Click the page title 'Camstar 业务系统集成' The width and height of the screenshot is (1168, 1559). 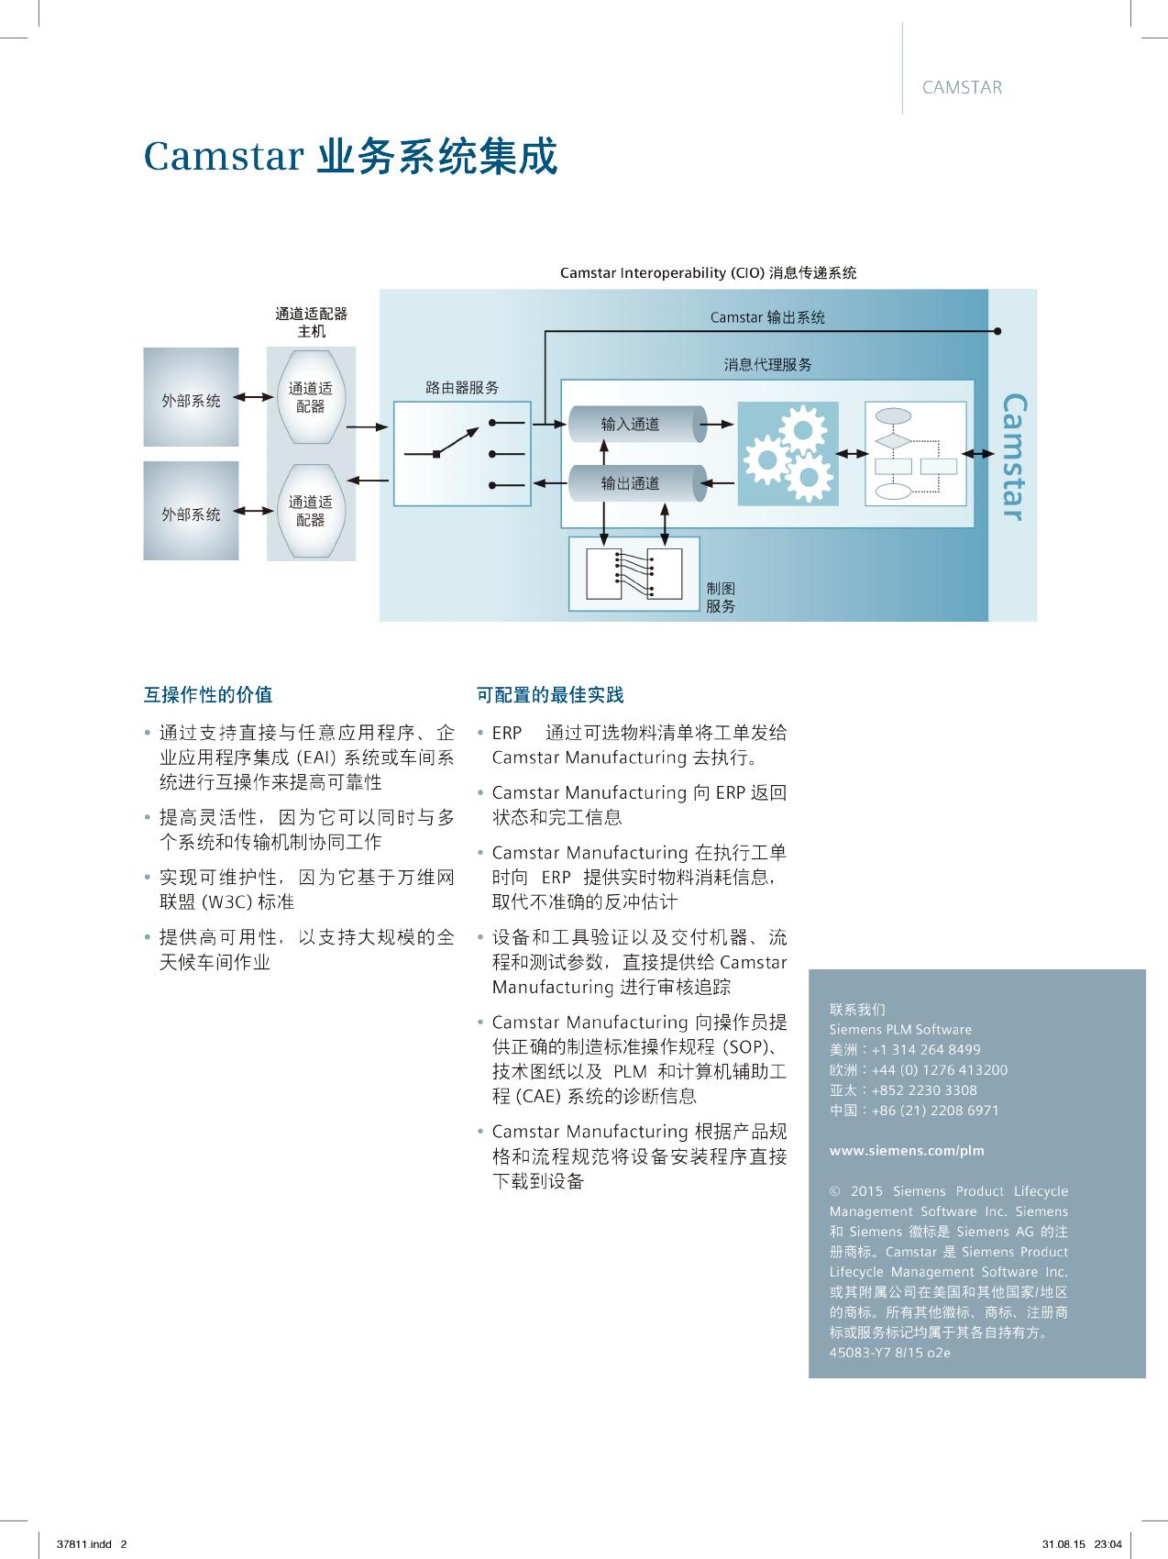[350, 157]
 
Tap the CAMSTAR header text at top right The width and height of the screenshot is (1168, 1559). [962, 88]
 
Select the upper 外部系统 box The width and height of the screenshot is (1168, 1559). [191, 398]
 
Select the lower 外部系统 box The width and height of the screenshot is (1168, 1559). [191, 512]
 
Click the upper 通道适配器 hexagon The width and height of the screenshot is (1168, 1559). [311, 397]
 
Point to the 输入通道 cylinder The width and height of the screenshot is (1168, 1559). [632, 424]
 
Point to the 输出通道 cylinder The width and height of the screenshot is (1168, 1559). [632, 483]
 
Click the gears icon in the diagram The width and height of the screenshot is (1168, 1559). [788, 454]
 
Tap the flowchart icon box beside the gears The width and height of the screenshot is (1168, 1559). [915, 454]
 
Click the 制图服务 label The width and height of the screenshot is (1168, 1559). [721, 597]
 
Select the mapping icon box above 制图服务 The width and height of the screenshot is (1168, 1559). [634, 574]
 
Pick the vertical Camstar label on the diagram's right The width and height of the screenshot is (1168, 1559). [1013, 457]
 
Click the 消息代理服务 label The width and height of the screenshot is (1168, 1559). [767, 365]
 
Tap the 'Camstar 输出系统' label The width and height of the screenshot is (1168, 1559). [767, 317]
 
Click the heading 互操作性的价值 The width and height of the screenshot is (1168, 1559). [208, 694]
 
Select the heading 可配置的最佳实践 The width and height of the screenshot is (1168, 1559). [550, 694]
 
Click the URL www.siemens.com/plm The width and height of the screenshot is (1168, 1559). [894, 1150]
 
